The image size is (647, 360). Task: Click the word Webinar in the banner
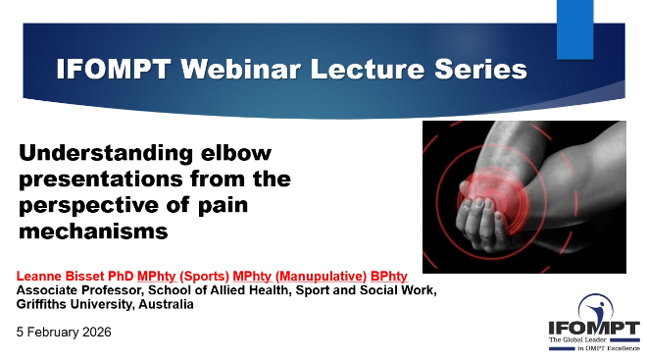click(241, 69)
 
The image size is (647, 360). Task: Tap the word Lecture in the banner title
click(368, 69)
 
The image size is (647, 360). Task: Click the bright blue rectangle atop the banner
click(574, 29)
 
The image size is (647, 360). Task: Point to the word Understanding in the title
click(106, 154)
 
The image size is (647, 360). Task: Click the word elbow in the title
click(236, 152)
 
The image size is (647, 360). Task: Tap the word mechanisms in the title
click(93, 231)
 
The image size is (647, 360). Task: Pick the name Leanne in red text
click(39, 276)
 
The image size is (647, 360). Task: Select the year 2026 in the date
click(97, 332)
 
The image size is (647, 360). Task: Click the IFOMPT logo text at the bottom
click(594, 329)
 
